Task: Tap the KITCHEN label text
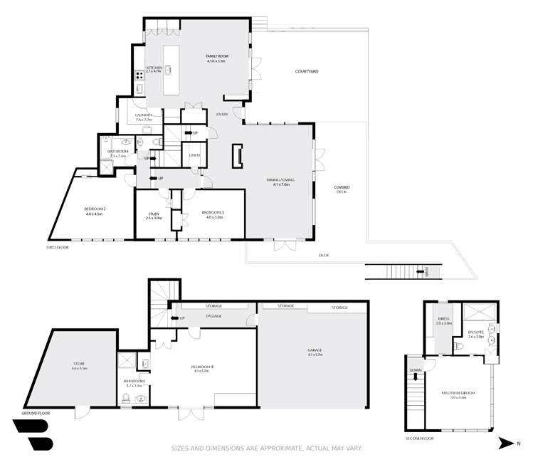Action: click(x=154, y=68)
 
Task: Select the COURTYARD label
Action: click(x=306, y=71)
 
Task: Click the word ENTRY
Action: click(x=222, y=114)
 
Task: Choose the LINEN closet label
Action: click(x=194, y=154)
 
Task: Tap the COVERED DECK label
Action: click(x=342, y=189)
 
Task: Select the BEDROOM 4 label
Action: click(x=200, y=367)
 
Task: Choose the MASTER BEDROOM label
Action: click(x=458, y=393)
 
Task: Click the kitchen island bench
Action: click(x=171, y=70)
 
